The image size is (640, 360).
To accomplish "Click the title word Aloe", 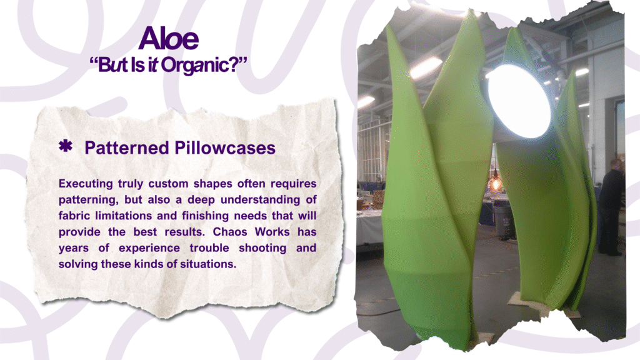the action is tap(169, 38).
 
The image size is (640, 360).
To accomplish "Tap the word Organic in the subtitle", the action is tap(196, 65).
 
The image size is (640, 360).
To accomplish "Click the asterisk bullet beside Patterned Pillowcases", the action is tap(65, 146).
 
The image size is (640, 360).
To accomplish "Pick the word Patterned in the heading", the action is tap(126, 147).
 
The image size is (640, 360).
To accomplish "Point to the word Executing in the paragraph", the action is tap(86, 184).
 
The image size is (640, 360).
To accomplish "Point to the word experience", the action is tap(149, 248).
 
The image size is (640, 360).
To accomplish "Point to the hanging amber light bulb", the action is tap(496, 184).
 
